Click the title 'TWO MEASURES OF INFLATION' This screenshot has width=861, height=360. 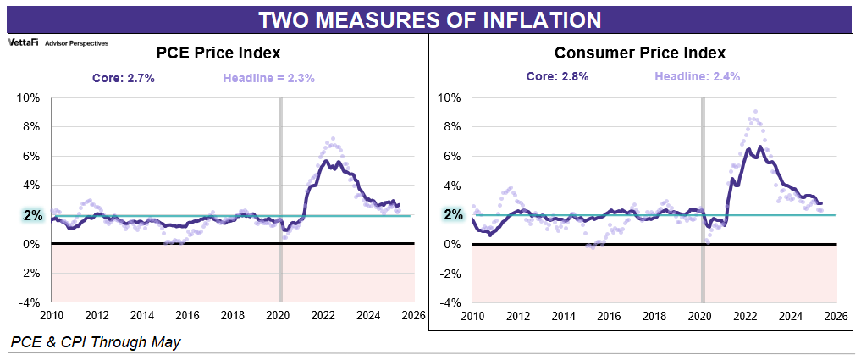(429, 19)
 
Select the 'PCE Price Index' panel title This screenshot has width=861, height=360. (218, 53)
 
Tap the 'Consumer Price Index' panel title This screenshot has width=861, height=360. (640, 53)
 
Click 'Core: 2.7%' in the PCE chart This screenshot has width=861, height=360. (124, 78)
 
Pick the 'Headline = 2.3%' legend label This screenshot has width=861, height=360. (268, 78)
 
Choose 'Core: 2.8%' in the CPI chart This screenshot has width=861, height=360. (557, 76)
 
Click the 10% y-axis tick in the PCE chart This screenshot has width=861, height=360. (29, 97)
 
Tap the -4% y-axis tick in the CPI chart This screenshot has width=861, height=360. (450, 302)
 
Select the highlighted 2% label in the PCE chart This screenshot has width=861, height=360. (33, 215)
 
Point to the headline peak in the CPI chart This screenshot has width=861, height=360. (755, 111)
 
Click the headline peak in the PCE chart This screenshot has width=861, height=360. (333, 138)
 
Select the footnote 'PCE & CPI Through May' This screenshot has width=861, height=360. (96, 342)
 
